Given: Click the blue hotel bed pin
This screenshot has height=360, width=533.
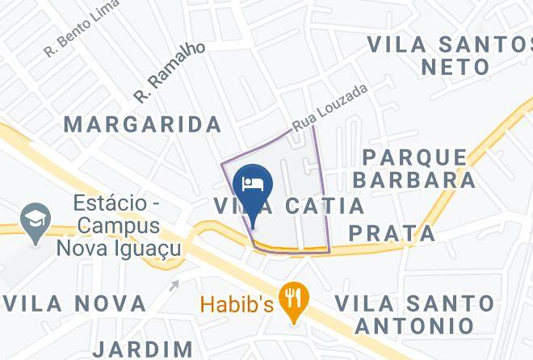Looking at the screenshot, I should (x=253, y=184).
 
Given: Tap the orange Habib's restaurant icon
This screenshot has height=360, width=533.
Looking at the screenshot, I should (x=292, y=301).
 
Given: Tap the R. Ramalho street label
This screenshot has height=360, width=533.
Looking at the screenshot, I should (x=170, y=73).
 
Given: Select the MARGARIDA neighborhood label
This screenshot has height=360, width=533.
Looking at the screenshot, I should (x=143, y=124).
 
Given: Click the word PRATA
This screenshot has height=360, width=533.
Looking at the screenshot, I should (x=392, y=234).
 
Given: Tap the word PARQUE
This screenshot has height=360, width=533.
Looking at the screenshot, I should (x=414, y=157).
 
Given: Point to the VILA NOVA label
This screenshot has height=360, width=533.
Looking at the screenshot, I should (x=75, y=303).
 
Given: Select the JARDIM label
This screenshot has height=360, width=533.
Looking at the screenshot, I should (x=144, y=350).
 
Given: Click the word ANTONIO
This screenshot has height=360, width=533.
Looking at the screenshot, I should (x=414, y=326).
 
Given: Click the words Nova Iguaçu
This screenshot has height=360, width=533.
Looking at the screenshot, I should (x=119, y=246).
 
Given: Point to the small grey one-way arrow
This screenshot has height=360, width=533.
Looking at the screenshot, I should (x=174, y=284).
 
